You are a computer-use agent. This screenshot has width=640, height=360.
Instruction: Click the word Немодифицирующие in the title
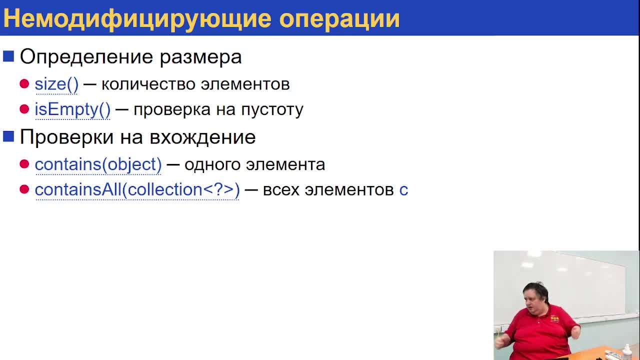[137, 19]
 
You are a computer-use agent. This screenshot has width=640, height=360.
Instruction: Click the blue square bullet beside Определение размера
[8, 56]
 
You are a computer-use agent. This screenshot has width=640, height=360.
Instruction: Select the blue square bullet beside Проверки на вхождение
[8, 136]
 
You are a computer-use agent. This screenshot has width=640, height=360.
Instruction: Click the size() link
[56, 84]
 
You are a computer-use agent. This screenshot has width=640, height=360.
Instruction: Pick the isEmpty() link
[72, 109]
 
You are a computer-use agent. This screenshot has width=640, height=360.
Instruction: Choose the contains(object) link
[98, 164]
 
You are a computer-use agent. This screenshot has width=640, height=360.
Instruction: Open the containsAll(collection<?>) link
[137, 189]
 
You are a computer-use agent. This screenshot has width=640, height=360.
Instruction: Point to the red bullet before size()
[24, 84]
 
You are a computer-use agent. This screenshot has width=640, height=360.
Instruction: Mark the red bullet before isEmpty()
[24, 109]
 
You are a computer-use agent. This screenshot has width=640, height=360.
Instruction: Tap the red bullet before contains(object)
[24, 164]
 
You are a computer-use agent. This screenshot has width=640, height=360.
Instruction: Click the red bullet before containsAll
[24, 189]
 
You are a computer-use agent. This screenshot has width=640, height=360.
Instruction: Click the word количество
[148, 84]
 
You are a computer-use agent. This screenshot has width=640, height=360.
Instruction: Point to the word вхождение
[202, 137]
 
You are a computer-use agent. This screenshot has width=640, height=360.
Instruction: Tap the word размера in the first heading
[200, 57]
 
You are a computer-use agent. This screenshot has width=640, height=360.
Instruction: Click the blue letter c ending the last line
[403, 190]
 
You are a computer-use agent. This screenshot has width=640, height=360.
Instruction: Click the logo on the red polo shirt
[554, 319]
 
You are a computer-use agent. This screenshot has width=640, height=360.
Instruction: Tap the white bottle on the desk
[626, 351]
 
